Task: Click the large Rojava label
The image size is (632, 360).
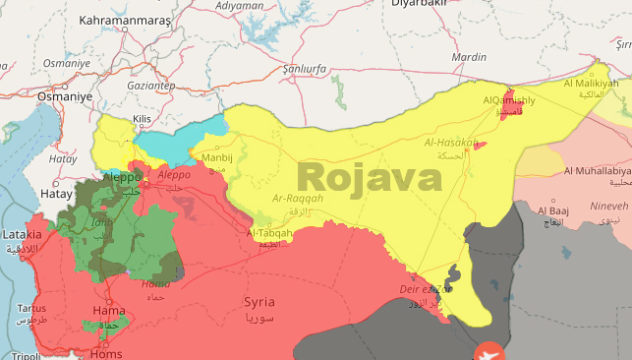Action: pos(370,177)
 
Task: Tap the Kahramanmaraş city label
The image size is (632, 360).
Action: pos(125,20)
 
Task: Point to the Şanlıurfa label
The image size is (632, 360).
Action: pos(304,70)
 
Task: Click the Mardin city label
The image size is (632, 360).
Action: pos(468,57)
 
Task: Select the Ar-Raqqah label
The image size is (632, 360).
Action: pos(297,197)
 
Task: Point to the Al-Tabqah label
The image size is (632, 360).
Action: pos(270,233)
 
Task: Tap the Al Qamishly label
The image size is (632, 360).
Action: pos(508,101)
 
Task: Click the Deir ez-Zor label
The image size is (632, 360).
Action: pos(426,289)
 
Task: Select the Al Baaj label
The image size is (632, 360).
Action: pos(553,210)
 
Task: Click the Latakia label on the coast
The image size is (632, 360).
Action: pos(21,234)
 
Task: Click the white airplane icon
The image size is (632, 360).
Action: pos(486,351)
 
